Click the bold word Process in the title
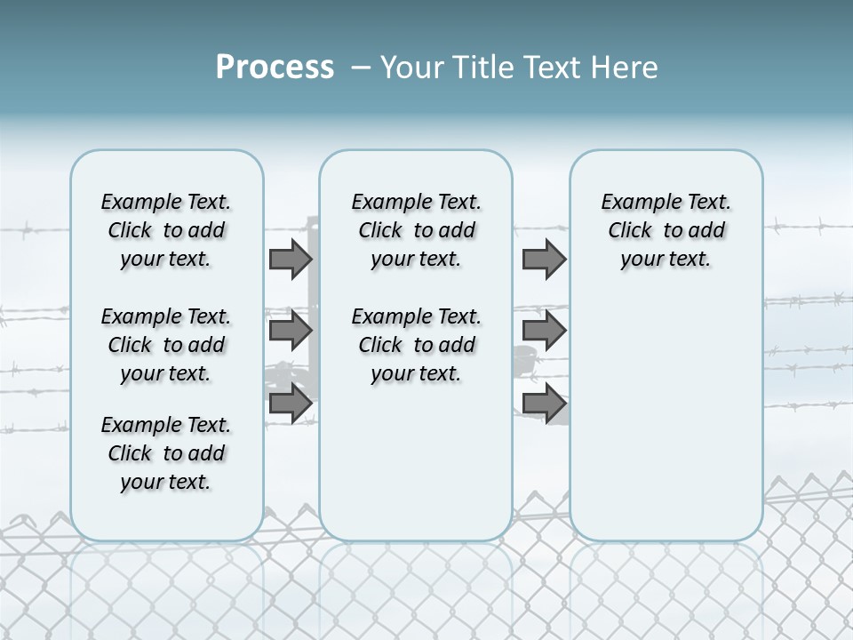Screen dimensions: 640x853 click(275, 68)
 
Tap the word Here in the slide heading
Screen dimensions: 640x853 click(625, 68)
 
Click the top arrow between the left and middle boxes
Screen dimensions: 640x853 click(290, 259)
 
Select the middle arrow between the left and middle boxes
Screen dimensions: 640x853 click(290, 331)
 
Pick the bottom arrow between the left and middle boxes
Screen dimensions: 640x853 click(290, 403)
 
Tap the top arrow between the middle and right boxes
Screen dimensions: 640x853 click(544, 259)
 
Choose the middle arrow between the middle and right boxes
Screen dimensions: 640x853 click(544, 331)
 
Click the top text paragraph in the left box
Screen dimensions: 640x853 click(166, 230)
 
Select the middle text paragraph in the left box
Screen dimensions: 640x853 click(166, 345)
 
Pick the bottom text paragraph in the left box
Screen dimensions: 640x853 click(166, 453)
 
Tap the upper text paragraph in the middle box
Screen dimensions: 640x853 click(416, 230)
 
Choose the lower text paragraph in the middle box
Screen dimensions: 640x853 click(416, 345)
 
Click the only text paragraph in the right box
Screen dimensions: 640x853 click(666, 230)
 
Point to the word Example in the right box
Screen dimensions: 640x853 click(635, 203)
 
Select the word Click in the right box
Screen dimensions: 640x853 click(630, 231)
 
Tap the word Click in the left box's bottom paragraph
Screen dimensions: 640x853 click(130, 454)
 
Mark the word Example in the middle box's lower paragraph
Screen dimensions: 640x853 click(386, 317)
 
